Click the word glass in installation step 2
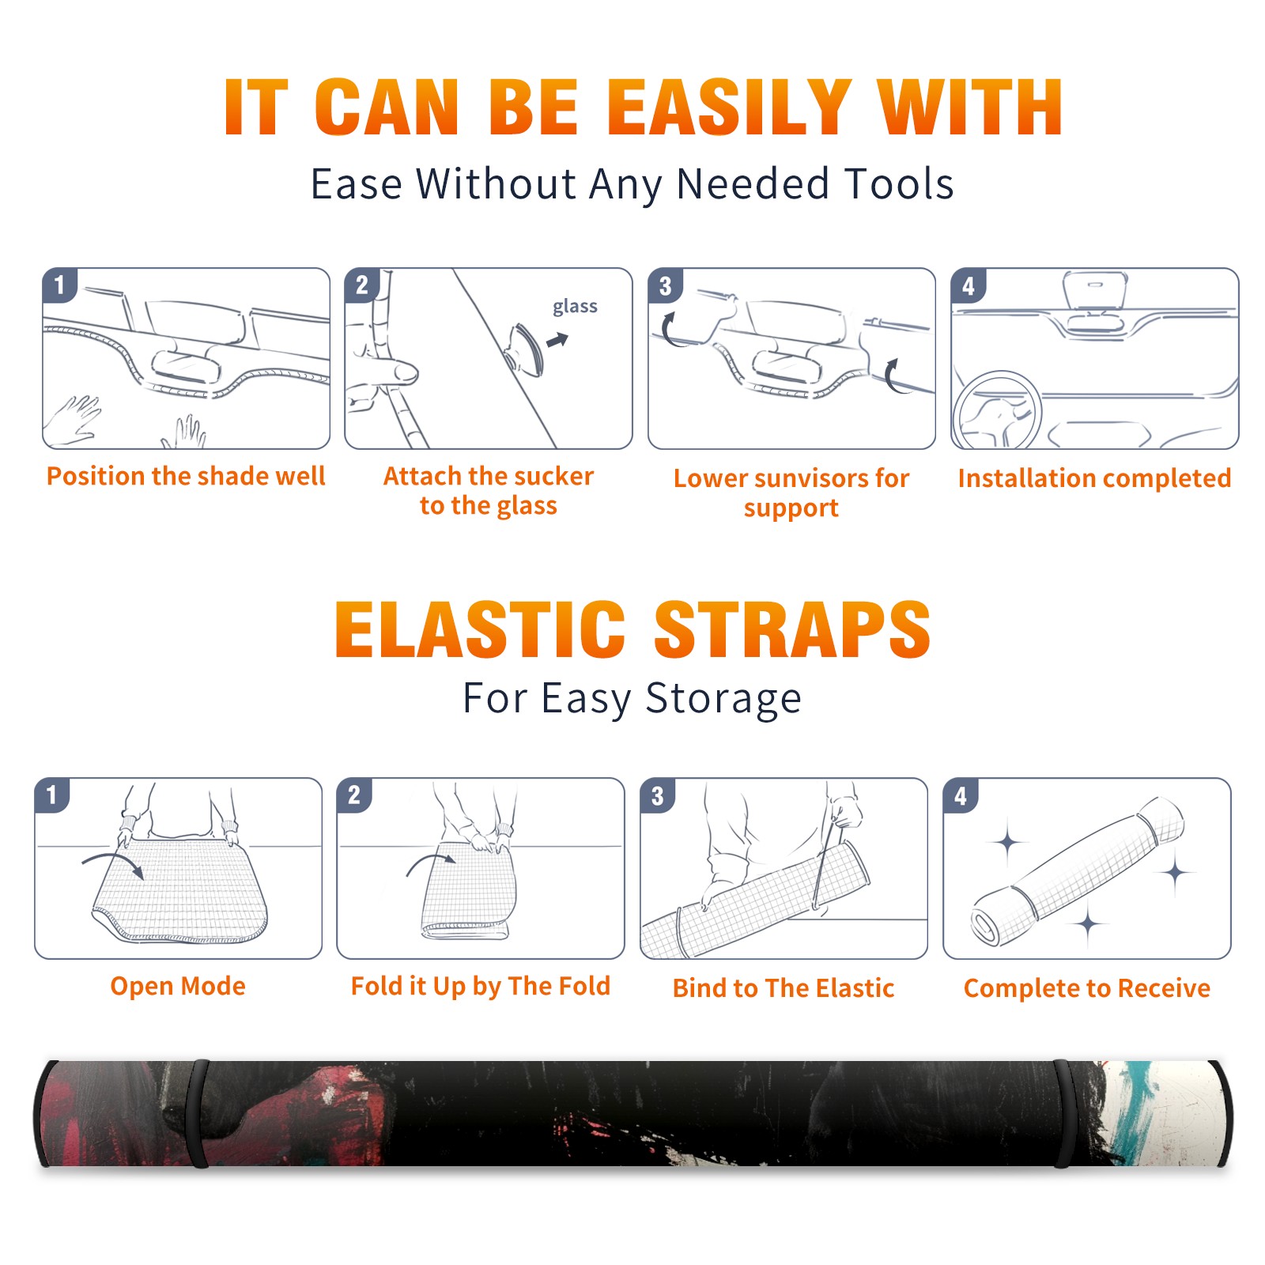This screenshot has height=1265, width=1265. [575, 306]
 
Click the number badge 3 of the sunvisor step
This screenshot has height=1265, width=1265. [665, 285]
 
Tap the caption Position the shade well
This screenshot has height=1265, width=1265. [186, 476]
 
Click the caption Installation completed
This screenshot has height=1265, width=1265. [1094, 478]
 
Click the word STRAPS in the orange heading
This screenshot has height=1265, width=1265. [792, 629]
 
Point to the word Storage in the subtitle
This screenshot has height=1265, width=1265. [723, 699]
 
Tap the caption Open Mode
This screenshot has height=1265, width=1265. [178, 986]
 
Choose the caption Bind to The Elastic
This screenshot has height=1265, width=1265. [784, 988]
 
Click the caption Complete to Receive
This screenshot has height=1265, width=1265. [1087, 988]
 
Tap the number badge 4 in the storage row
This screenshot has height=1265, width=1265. [961, 795]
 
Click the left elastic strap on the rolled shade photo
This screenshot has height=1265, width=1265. [199, 1114]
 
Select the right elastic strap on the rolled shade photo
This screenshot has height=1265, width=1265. [1066, 1114]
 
